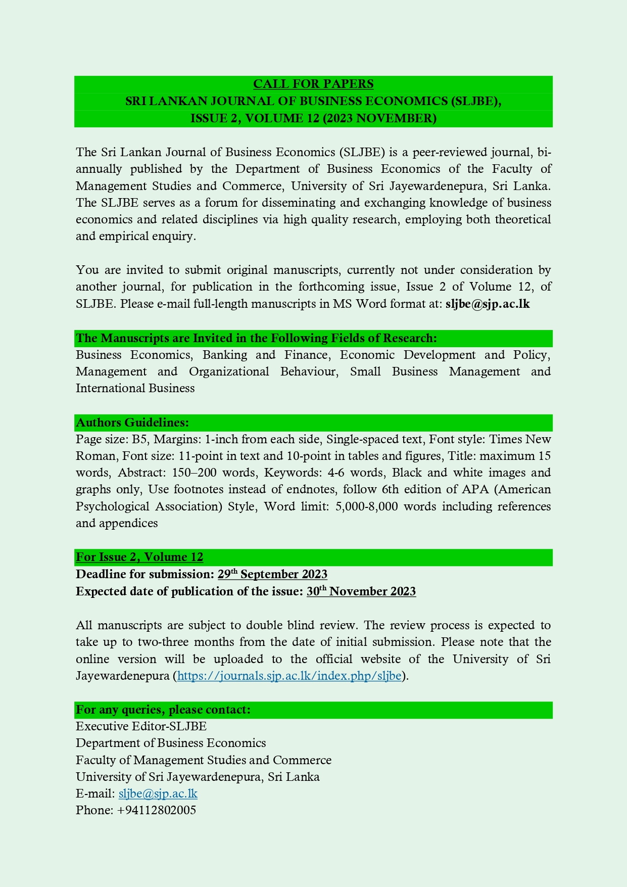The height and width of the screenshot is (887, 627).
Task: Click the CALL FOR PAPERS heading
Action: click(313, 84)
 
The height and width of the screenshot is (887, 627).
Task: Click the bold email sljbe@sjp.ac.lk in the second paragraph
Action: click(488, 304)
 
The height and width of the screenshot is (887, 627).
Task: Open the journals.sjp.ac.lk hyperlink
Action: click(289, 676)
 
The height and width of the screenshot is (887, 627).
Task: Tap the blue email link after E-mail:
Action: click(158, 793)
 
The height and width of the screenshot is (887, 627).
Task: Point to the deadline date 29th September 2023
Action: click(272, 574)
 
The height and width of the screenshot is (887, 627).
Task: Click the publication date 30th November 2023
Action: click(361, 591)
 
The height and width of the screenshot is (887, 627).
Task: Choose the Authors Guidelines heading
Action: click(132, 423)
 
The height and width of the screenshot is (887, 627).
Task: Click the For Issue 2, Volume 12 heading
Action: click(139, 557)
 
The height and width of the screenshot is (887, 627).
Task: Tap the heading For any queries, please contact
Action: click(163, 710)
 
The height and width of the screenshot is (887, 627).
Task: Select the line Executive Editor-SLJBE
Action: click(141, 726)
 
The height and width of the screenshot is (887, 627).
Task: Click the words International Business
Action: click(135, 388)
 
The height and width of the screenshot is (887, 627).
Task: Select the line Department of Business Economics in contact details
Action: click(171, 743)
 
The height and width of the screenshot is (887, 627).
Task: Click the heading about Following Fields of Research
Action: click(256, 338)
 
